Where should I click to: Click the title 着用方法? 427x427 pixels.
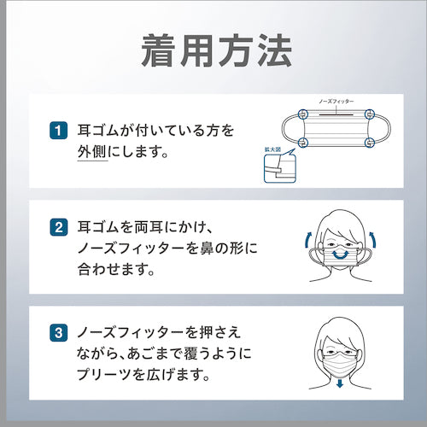click(217, 51)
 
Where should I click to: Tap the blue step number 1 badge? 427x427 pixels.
click(59, 131)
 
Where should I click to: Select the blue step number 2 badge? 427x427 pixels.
click(59, 227)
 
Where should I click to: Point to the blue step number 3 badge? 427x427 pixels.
click(59, 332)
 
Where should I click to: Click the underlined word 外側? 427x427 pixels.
click(92, 151)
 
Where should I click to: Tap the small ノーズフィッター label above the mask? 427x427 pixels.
click(336, 102)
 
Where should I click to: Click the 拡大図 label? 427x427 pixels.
click(272, 149)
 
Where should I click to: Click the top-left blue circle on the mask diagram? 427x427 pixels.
click(303, 114)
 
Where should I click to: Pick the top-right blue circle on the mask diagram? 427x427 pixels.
click(370, 114)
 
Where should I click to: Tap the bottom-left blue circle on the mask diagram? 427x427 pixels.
click(303, 142)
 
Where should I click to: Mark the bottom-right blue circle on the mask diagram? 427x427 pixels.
click(370, 142)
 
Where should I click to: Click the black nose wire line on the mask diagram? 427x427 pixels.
click(336, 114)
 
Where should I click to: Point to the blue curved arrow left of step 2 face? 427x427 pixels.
click(307, 240)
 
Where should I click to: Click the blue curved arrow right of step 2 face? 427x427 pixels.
click(373, 240)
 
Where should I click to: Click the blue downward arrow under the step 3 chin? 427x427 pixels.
click(340, 383)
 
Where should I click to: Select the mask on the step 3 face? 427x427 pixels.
click(340, 365)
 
